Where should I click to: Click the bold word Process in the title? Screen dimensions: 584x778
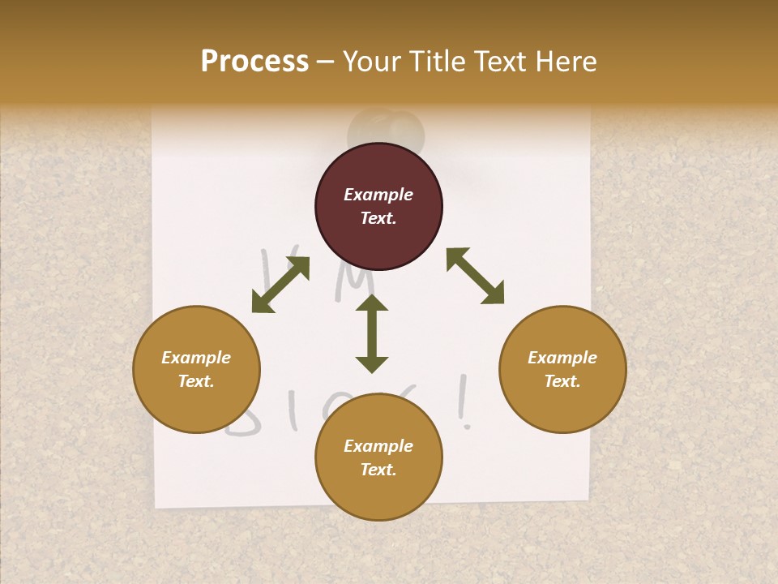pos(254,62)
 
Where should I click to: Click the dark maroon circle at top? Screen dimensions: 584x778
pos(378,206)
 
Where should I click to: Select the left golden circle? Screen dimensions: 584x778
pos(196,369)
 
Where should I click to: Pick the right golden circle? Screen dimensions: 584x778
pos(562,369)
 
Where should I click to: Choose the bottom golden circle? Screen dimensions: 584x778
pos(378,457)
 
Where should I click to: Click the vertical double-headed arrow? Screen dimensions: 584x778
pos(372,333)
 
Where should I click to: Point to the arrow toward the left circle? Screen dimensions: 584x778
pos(280,285)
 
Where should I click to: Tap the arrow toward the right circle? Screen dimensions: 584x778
pos(476,276)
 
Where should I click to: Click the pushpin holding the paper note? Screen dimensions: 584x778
pos(386,130)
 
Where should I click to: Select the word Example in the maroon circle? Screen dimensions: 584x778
pos(378,195)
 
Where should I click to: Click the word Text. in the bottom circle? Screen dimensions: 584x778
pos(378,470)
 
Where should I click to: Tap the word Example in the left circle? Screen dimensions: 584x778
pos(196,358)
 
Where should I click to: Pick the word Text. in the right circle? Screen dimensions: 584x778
pos(562,381)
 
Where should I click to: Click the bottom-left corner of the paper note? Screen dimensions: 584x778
pos(156,507)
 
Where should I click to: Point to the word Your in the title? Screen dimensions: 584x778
pos(370,62)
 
